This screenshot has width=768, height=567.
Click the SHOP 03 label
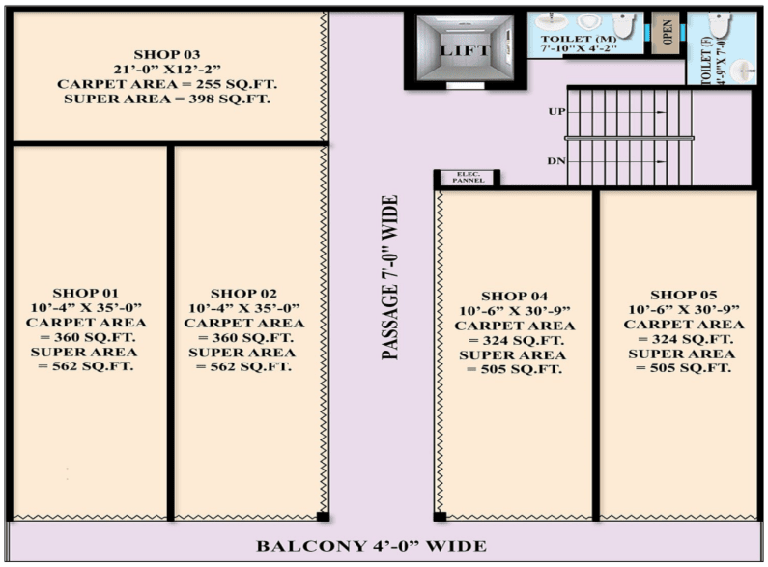[167, 54]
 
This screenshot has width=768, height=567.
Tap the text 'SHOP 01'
[85, 293]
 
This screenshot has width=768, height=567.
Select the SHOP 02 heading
[243, 294]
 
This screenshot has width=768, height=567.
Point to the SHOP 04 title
[514, 297]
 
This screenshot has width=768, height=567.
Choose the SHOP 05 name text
[683, 295]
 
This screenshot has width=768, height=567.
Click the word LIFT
[465, 50]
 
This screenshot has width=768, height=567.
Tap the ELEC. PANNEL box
[469, 178]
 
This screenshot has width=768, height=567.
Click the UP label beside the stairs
[556, 112]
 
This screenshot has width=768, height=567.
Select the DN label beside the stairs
[556, 161]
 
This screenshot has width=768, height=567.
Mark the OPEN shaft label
[667, 32]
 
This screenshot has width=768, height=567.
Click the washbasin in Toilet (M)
[550, 22]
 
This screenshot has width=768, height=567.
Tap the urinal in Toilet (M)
[589, 22]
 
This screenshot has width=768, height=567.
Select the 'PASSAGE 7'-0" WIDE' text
[390, 277]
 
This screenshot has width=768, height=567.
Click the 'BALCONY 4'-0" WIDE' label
[371, 546]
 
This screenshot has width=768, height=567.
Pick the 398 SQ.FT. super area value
[229, 99]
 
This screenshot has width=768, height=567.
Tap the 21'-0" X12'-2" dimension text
[167, 69]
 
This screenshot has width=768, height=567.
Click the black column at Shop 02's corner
[323, 516]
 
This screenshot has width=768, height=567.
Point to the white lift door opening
[466, 86]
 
